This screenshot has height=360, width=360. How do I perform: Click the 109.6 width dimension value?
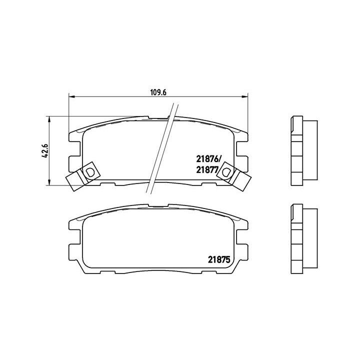click(x=158, y=91)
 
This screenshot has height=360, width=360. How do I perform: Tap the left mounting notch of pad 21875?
click(x=75, y=241)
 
